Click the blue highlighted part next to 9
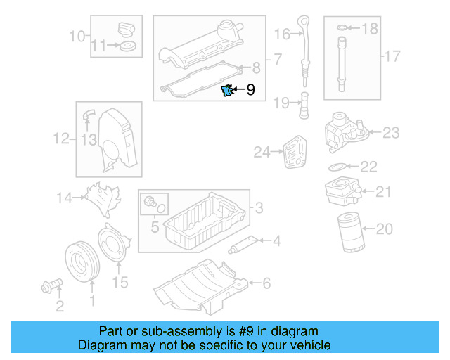point(227,90)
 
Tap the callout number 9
point(250,90)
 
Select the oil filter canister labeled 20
point(348,231)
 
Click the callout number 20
point(384,229)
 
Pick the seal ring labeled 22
point(337,167)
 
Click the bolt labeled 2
point(51,286)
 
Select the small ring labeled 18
point(341,28)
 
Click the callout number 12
point(62,139)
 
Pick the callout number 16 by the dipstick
point(282,33)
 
